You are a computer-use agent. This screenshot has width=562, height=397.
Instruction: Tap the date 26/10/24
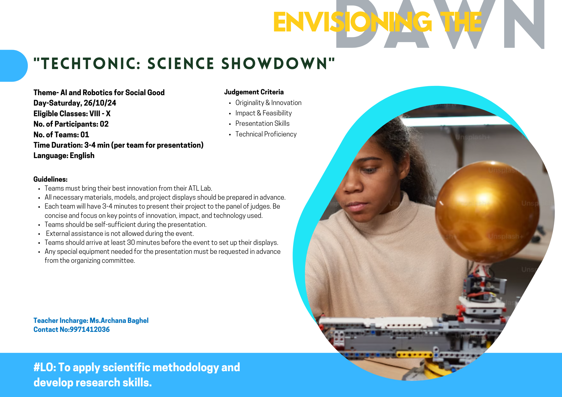point(100,103)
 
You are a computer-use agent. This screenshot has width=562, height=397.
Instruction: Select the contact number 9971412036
point(90,329)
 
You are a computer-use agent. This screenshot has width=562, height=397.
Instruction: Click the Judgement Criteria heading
point(254,92)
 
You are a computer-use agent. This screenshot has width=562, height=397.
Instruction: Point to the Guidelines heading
point(51,179)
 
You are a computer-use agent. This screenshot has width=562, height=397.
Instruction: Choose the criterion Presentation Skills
point(262,124)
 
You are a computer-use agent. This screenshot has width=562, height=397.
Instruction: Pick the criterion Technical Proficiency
point(266,134)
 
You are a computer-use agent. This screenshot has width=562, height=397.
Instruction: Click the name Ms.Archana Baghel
point(119,320)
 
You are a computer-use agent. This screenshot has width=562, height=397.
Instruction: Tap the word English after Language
point(82,156)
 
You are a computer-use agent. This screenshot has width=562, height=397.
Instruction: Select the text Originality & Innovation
point(268,103)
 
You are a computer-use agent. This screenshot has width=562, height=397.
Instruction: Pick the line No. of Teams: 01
point(61,135)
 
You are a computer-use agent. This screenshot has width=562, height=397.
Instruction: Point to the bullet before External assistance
point(39,234)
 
